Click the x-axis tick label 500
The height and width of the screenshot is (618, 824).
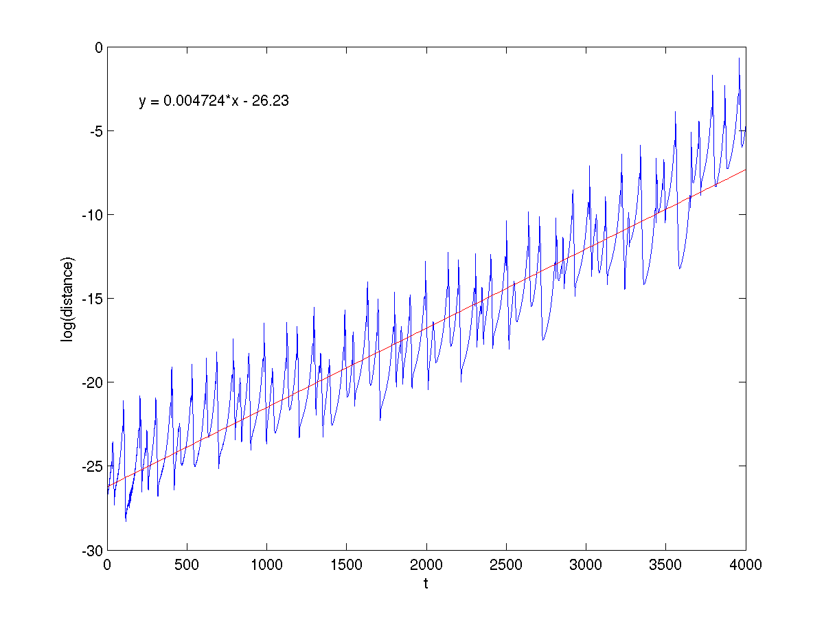[x=187, y=564]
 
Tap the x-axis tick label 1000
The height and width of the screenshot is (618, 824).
[x=266, y=564]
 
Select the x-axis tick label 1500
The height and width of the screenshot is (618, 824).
[x=346, y=564]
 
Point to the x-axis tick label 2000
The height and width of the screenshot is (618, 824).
[x=426, y=564]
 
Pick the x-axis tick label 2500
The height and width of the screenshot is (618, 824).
[x=506, y=564]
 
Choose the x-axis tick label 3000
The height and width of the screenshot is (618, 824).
[x=586, y=564]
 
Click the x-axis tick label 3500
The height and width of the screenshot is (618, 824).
[x=665, y=564]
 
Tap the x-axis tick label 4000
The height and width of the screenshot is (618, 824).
[x=745, y=564]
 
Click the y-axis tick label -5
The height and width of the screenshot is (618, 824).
[x=94, y=131]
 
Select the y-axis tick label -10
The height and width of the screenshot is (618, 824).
[x=91, y=215]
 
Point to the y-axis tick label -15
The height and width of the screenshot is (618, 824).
[x=91, y=299]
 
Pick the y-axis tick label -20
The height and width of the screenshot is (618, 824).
[x=91, y=382]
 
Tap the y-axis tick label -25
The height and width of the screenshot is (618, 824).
[x=91, y=466]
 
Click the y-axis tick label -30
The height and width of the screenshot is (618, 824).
[x=91, y=550]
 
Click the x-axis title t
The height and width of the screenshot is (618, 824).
[x=426, y=584]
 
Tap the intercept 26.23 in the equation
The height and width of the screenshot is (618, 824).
[x=270, y=102]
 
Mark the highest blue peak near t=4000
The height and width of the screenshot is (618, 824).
[x=739, y=58]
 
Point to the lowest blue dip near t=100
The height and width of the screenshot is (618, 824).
[x=126, y=521]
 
